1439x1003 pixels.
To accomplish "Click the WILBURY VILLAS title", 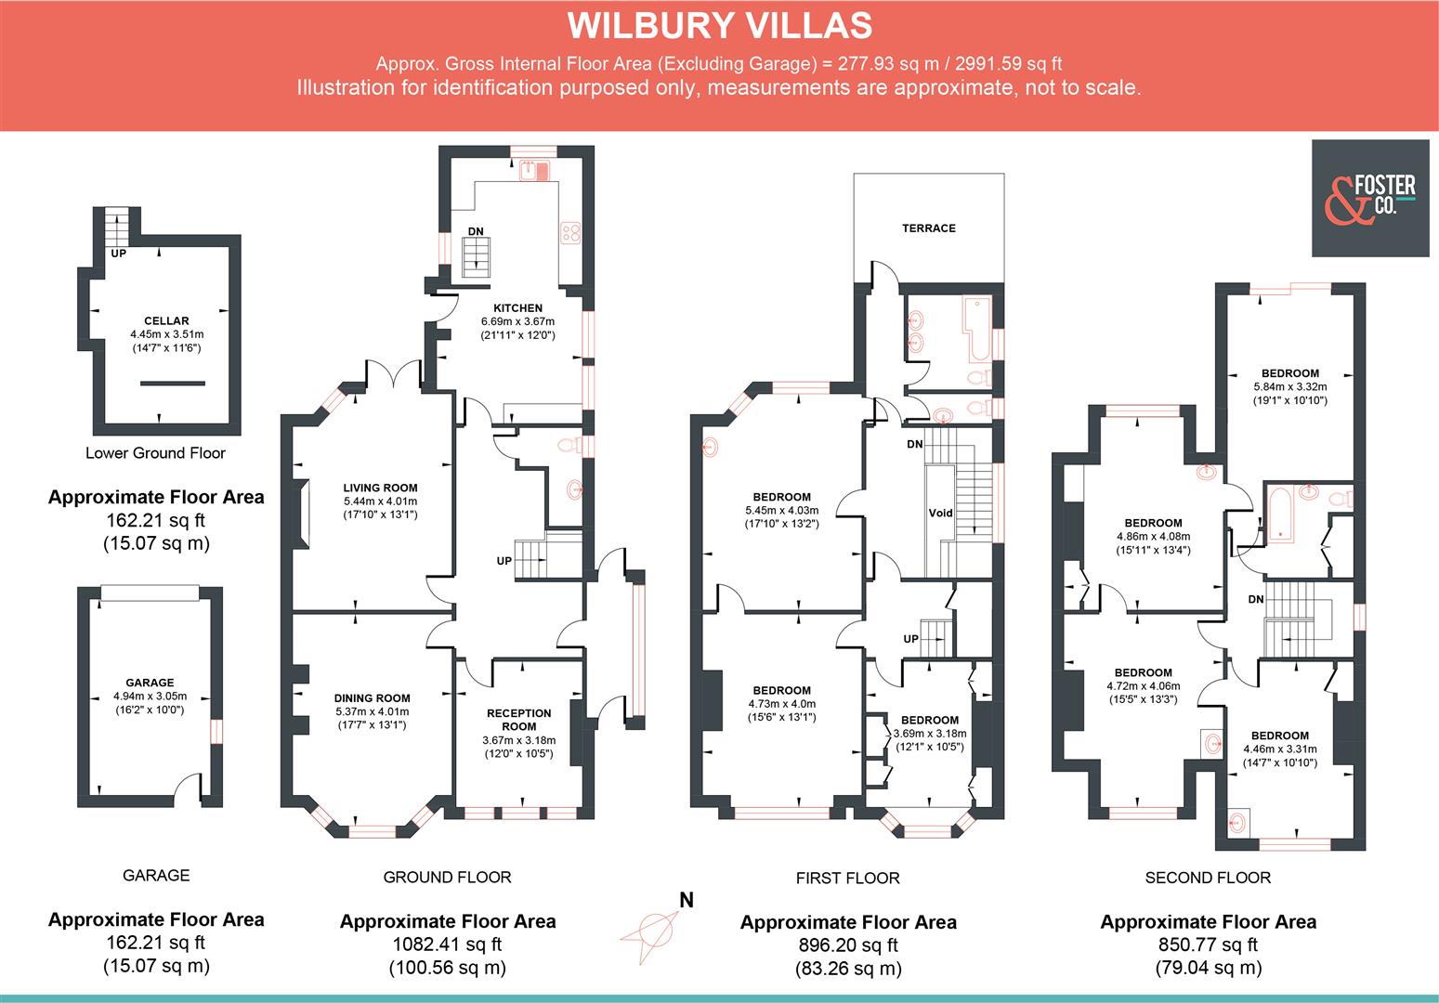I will point(719,25).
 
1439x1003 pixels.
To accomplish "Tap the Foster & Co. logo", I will point(1370,198).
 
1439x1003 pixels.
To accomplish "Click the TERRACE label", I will point(928,228).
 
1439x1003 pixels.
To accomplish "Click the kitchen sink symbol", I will point(534,170).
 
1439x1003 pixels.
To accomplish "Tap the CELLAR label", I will point(166,321).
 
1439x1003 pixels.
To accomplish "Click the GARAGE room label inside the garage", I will point(150,683).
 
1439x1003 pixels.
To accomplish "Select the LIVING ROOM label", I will point(380,488).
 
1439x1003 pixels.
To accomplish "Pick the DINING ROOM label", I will point(373,698).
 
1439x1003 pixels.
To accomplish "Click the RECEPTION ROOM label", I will point(518,720).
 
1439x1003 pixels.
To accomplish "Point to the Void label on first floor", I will point(940,513).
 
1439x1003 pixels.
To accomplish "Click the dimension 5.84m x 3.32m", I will point(1289,387).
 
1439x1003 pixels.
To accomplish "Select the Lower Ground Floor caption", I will point(155,453).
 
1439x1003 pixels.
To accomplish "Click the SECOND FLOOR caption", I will point(1208,877).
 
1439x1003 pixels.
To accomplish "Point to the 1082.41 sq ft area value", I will point(447,944).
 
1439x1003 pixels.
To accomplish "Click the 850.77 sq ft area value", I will point(1208,944).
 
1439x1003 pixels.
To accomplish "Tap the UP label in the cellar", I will point(118,253).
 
